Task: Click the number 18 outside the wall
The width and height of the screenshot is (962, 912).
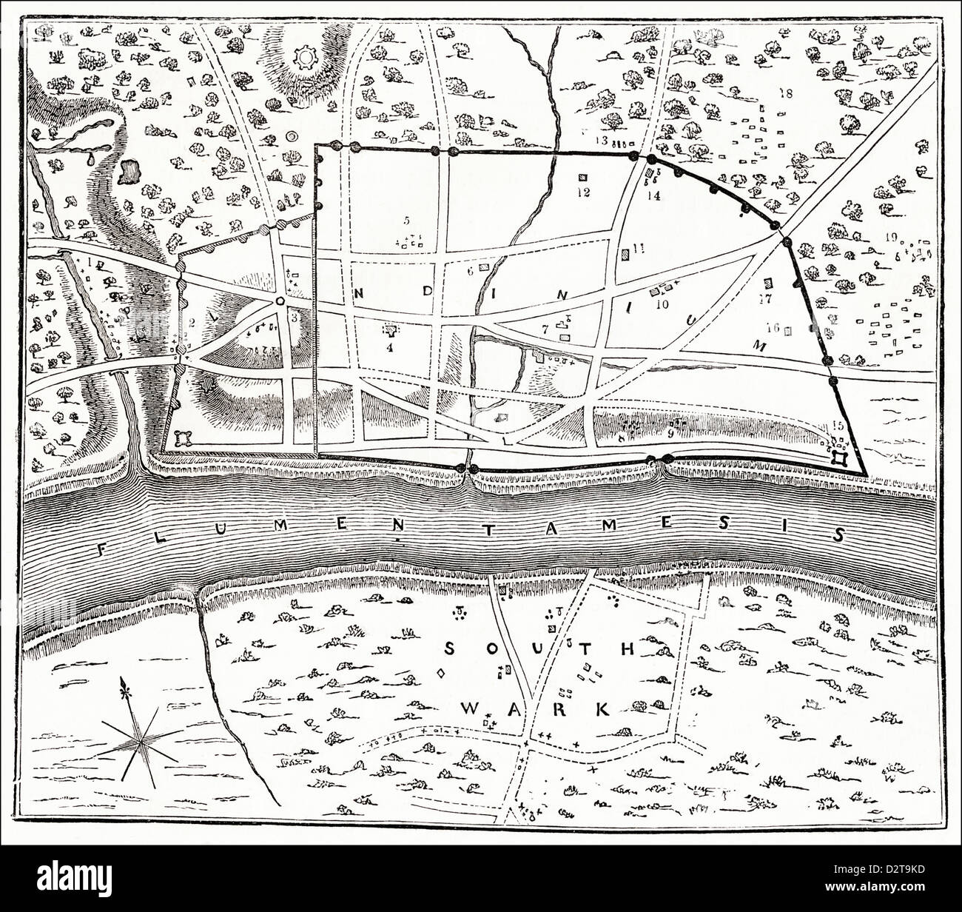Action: click(786, 93)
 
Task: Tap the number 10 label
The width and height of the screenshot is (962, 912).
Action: click(661, 303)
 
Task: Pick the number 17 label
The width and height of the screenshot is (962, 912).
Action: click(765, 299)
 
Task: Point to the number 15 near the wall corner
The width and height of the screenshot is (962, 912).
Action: click(838, 425)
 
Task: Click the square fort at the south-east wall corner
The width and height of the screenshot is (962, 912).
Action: click(840, 457)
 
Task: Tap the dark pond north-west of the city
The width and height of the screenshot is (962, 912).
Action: click(130, 172)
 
